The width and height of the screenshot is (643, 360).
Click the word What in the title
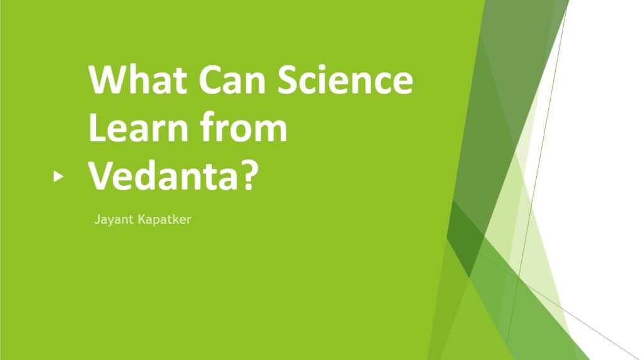[138, 79]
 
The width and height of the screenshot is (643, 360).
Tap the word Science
[345, 79]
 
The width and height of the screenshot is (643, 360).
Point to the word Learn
[138, 128]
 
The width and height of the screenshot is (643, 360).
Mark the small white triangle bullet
[58, 177]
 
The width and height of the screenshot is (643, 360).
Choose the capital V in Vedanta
[100, 175]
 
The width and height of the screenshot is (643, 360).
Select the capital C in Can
[210, 80]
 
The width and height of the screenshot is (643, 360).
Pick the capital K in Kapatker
[142, 219]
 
